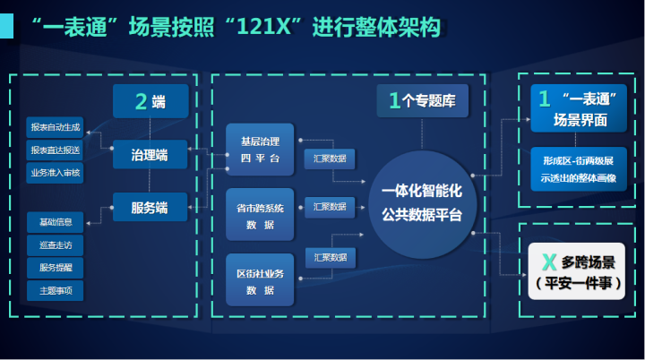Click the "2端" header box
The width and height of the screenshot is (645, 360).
pyautogui.click(x=150, y=101)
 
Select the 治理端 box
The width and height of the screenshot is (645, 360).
pyautogui.click(x=150, y=156)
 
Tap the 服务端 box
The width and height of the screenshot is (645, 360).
pyautogui.click(x=150, y=208)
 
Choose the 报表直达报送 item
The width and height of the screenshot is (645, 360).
pyautogui.click(x=56, y=150)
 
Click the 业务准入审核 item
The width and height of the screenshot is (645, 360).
pyautogui.click(x=56, y=173)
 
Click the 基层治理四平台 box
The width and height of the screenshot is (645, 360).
pyautogui.click(x=260, y=149)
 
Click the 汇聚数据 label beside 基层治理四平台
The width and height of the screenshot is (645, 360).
pyautogui.click(x=330, y=159)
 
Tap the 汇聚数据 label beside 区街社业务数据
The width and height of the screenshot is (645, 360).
pyautogui.click(x=330, y=257)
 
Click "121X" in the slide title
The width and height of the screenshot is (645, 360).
pyautogui.click(x=272, y=27)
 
